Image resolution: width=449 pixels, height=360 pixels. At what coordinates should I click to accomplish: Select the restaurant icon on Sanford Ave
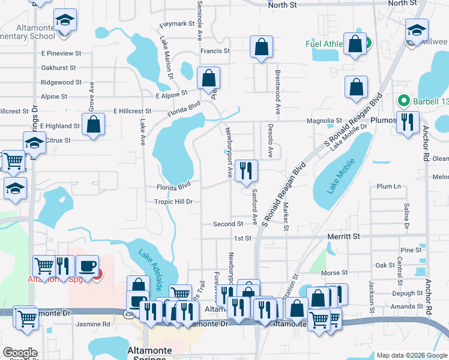[247, 171]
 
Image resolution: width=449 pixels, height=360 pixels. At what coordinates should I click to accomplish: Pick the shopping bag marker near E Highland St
[94, 124]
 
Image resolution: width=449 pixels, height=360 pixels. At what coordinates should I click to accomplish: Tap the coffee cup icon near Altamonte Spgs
[87, 265]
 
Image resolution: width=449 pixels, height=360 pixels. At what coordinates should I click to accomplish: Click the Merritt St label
[344, 237]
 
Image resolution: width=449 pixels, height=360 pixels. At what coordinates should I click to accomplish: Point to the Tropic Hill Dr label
[173, 202]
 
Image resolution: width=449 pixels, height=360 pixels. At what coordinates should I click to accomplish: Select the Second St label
[228, 224]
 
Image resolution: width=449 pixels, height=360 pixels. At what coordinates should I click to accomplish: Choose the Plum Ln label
[388, 187]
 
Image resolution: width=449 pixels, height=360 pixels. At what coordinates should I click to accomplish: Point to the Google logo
[20, 353]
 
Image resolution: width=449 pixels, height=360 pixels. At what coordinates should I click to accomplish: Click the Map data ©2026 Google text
[412, 355]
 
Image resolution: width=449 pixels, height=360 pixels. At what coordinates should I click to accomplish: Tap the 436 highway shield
[129, 313]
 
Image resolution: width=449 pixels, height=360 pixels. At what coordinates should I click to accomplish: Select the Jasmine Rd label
[94, 324]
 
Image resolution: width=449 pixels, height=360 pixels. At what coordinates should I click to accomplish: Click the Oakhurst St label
[58, 68]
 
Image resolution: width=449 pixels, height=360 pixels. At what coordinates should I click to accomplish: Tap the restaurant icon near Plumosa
[408, 122]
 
